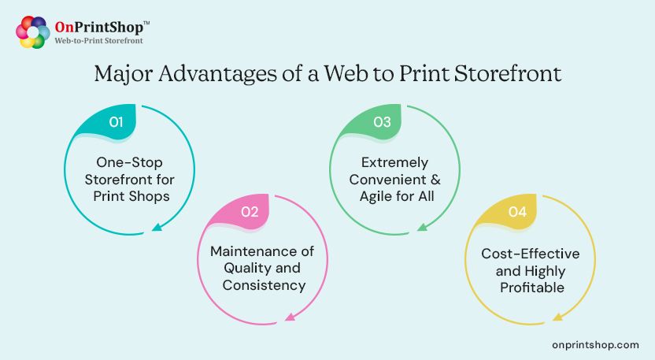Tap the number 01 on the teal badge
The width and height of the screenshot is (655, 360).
117,122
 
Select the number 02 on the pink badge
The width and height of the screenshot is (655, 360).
250,212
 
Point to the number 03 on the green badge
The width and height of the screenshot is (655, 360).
383,122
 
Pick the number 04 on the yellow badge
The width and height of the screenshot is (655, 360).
517,212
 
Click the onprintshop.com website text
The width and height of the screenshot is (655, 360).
596,345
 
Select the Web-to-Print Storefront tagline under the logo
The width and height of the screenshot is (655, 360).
98,40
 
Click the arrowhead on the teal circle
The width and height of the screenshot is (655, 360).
157,228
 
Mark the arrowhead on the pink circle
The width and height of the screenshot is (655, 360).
289,317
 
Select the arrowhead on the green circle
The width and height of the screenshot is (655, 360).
422,228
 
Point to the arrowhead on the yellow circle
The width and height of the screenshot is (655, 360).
557,317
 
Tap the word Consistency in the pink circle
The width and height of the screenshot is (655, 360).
264,285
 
